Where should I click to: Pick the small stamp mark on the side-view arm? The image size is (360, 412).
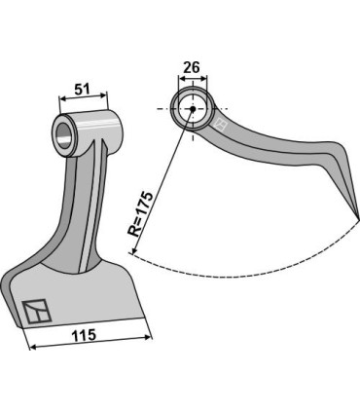point(221,126)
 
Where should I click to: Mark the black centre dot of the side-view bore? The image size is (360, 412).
point(192,108)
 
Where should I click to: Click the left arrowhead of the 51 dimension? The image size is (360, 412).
point(63,97)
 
